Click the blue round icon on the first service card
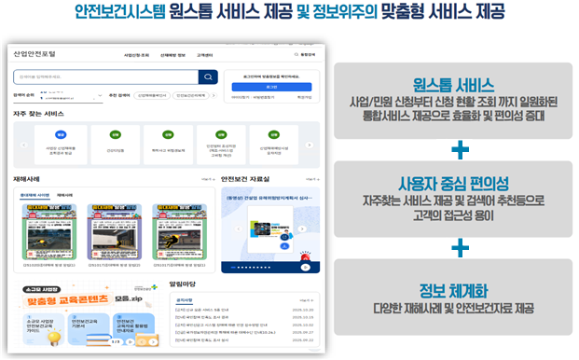point(62,135)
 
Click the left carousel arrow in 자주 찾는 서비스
point(22,145)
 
